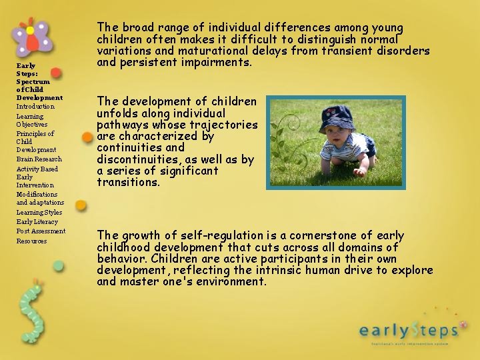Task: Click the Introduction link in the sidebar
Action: (x=35, y=107)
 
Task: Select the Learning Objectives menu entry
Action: (x=32, y=120)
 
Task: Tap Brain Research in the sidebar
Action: (x=39, y=159)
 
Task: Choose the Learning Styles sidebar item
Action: (x=39, y=213)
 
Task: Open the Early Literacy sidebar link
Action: (x=37, y=222)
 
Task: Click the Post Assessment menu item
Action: (x=41, y=231)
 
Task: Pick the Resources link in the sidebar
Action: (x=31, y=241)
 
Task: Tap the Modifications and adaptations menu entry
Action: (x=40, y=198)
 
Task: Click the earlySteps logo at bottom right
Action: (x=408, y=329)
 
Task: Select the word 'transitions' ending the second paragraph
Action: (x=128, y=182)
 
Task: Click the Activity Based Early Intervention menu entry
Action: (x=37, y=177)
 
